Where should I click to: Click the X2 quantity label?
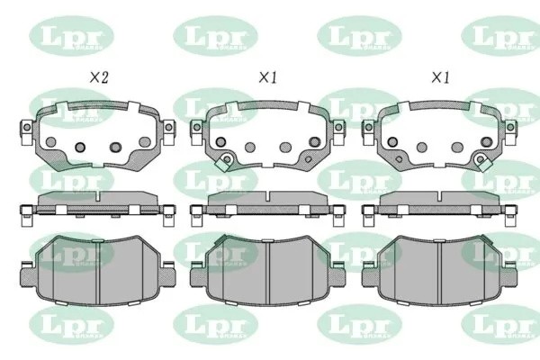pyautogui.click(x=97, y=79)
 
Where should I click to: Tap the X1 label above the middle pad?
pyautogui.click(x=267, y=79)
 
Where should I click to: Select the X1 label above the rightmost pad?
pyautogui.click(x=438, y=79)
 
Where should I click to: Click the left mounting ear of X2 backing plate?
pyautogui.click(x=26, y=132)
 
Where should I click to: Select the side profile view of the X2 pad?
pyautogui.click(x=94, y=205)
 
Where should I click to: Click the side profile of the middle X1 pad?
pyautogui.click(x=266, y=205)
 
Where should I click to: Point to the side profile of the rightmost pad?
pyautogui.click(x=438, y=205)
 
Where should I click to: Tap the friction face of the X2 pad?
pyautogui.click(x=94, y=270)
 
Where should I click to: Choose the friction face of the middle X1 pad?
pyautogui.click(x=266, y=270)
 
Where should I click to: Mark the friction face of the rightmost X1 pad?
pyautogui.click(x=438, y=270)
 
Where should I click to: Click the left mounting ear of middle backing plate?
pyautogui.click(x=197, y=132)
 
